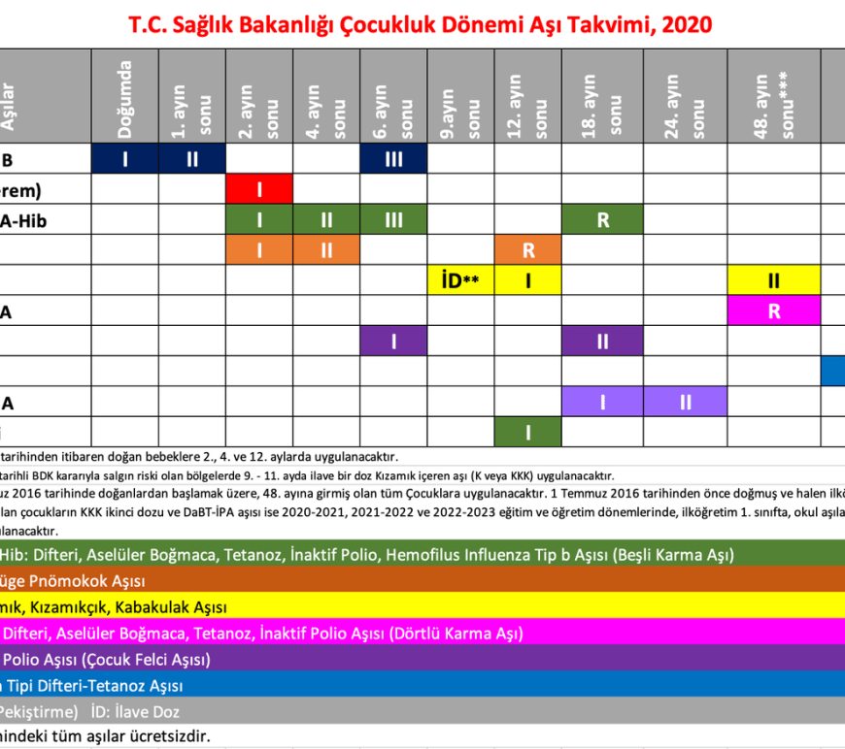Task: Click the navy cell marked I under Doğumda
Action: point(125,159)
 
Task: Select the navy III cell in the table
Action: point(393,159)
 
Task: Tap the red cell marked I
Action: point(259,189)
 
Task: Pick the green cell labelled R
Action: point(603,220)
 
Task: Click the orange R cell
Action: point(528,250)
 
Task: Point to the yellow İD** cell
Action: point(460,280)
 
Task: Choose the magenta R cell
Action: point(774,310)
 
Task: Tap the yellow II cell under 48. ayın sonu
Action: point(774,280)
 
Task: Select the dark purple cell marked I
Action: point(393,342)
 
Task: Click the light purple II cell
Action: point(686,402)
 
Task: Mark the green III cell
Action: point(393,220)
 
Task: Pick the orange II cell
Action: point(326,250)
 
